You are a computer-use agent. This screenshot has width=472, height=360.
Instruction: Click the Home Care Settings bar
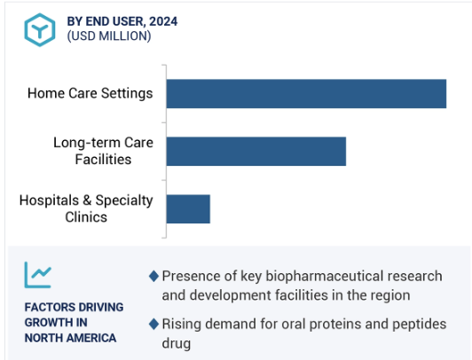coord(306,93)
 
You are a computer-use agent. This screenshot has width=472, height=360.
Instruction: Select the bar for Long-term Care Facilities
coord(256,152)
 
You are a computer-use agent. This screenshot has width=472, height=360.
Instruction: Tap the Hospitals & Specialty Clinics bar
coord(188,209)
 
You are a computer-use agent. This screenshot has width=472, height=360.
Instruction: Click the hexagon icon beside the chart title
coord(40,30)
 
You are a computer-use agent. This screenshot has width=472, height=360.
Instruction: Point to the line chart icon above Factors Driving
coord(38,275)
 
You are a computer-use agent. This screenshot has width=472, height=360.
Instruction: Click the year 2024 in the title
coord(163,21)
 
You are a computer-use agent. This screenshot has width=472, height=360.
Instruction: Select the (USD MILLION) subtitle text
coord(109,36)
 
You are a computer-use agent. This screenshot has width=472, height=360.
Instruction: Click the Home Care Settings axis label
coord(90,93)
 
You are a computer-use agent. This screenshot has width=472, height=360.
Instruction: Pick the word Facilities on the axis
coord(103,160)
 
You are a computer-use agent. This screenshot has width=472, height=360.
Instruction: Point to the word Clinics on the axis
coord(86,217)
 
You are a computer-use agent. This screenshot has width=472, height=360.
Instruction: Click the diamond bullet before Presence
coord(153,276)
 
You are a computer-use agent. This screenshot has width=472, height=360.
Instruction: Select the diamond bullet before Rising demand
coord(153,325)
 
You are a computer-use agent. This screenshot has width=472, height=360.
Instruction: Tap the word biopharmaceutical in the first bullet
coord(324,277)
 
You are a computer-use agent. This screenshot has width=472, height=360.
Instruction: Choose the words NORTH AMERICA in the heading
coord(70,338)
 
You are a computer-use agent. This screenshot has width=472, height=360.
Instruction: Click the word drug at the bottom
coord(177,344)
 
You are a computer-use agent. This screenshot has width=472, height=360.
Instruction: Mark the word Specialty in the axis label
coord(124,200)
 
